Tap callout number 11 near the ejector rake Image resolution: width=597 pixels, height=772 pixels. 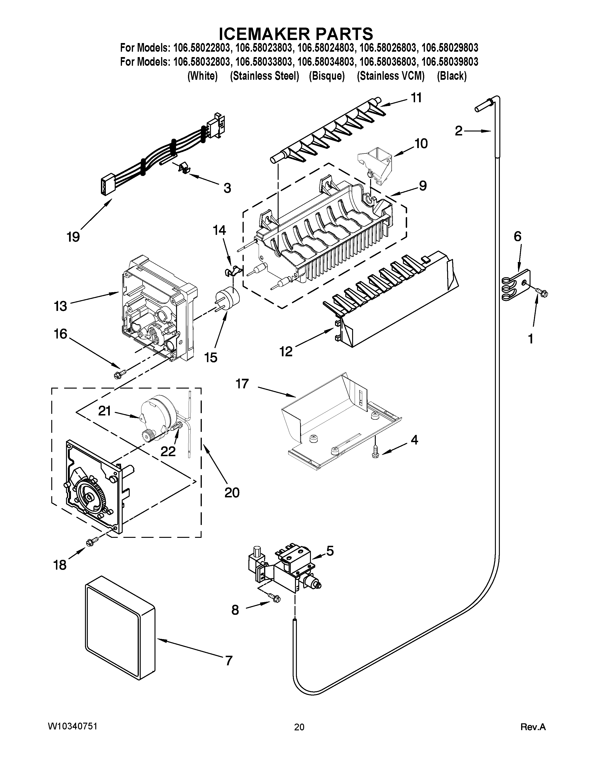click(x=416, y=98)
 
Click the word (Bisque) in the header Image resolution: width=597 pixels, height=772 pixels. click(x=326, y=76)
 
